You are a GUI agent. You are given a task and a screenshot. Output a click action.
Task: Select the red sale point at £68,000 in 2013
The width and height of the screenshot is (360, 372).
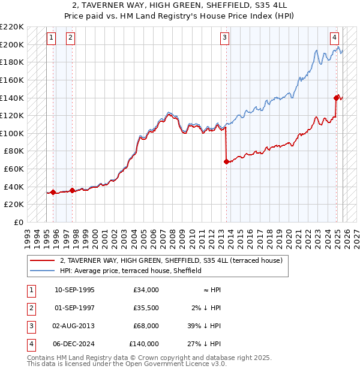(x=226, y=161)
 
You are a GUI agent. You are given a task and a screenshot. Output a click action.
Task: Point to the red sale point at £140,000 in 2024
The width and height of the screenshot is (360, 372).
(x=337, y=97)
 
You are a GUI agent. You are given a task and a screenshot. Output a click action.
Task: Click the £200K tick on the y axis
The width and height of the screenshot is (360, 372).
(x=13, y=44)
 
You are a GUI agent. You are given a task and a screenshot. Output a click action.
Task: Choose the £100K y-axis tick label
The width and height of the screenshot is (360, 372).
(x=13, y=133)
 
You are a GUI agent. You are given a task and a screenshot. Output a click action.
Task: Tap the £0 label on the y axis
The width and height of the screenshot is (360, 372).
(x=18, y=222)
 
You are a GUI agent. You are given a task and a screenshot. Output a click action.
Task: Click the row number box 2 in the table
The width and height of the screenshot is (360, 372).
(x=30, y=308)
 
